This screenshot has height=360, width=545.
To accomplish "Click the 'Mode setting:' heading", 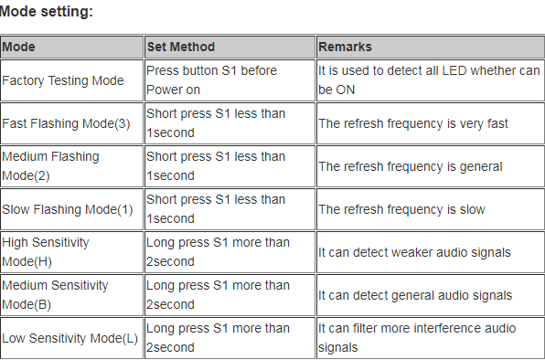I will pos(47,13).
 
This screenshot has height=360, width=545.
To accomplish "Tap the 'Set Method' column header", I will pos(180,47).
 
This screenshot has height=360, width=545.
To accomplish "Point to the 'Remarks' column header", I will pos(345,47).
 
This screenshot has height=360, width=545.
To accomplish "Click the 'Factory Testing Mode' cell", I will pos(63,80).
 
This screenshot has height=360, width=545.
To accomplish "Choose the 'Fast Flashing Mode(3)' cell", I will pos(66,123).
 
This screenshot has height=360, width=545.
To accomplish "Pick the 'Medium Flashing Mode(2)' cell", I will pos(50,166).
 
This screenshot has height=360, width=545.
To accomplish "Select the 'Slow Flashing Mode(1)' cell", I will pos(67,209).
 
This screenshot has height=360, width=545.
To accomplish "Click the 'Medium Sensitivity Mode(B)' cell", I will pos(55,295).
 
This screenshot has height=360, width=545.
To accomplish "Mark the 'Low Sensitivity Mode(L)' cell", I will pos(70,338).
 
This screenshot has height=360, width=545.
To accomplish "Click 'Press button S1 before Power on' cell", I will pos(212,80).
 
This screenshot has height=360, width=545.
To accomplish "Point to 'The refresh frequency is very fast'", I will pos(413,123).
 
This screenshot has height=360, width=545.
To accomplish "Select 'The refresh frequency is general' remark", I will pos(411,166).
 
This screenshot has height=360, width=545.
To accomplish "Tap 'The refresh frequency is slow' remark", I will pos(401,209).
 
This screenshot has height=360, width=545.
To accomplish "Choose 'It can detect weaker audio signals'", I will pos(414,252).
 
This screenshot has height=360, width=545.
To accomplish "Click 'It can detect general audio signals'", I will pos(414,295).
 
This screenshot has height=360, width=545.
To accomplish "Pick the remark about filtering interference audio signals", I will pos(417,338).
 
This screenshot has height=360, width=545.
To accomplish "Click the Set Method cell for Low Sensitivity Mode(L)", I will pos(218,338).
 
